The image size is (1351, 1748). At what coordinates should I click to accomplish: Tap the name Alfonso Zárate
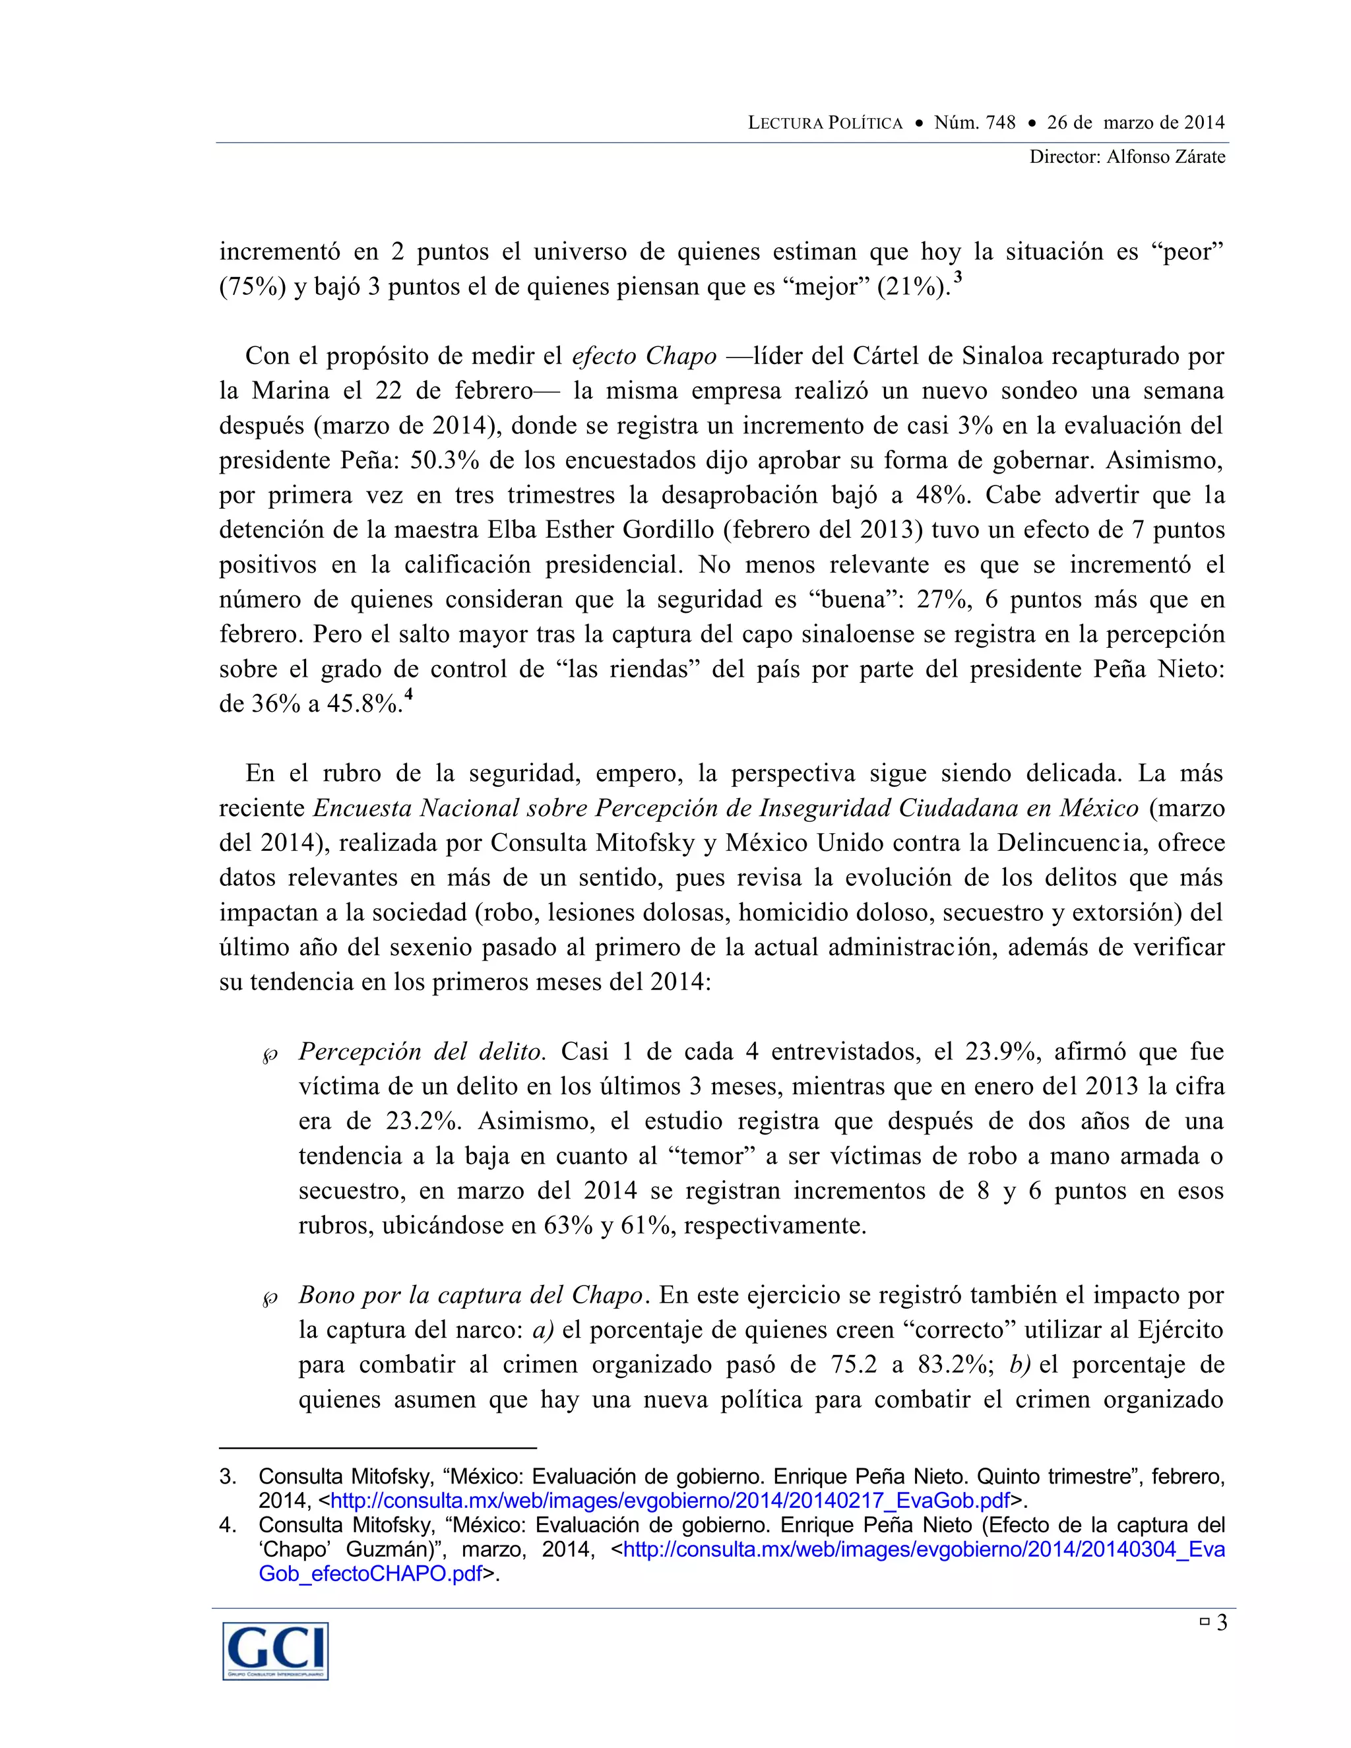point(1166,157)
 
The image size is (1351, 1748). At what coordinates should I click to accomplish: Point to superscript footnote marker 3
point(958,278)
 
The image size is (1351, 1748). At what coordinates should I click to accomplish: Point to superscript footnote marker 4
point(408,695)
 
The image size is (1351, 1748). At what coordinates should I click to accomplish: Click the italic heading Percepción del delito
point(422,1051)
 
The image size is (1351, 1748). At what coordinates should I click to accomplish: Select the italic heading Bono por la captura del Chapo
point(470,1295)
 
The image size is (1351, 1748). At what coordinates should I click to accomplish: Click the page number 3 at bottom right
point(1221,1623)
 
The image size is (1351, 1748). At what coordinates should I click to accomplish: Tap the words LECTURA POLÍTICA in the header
point(825,123)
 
